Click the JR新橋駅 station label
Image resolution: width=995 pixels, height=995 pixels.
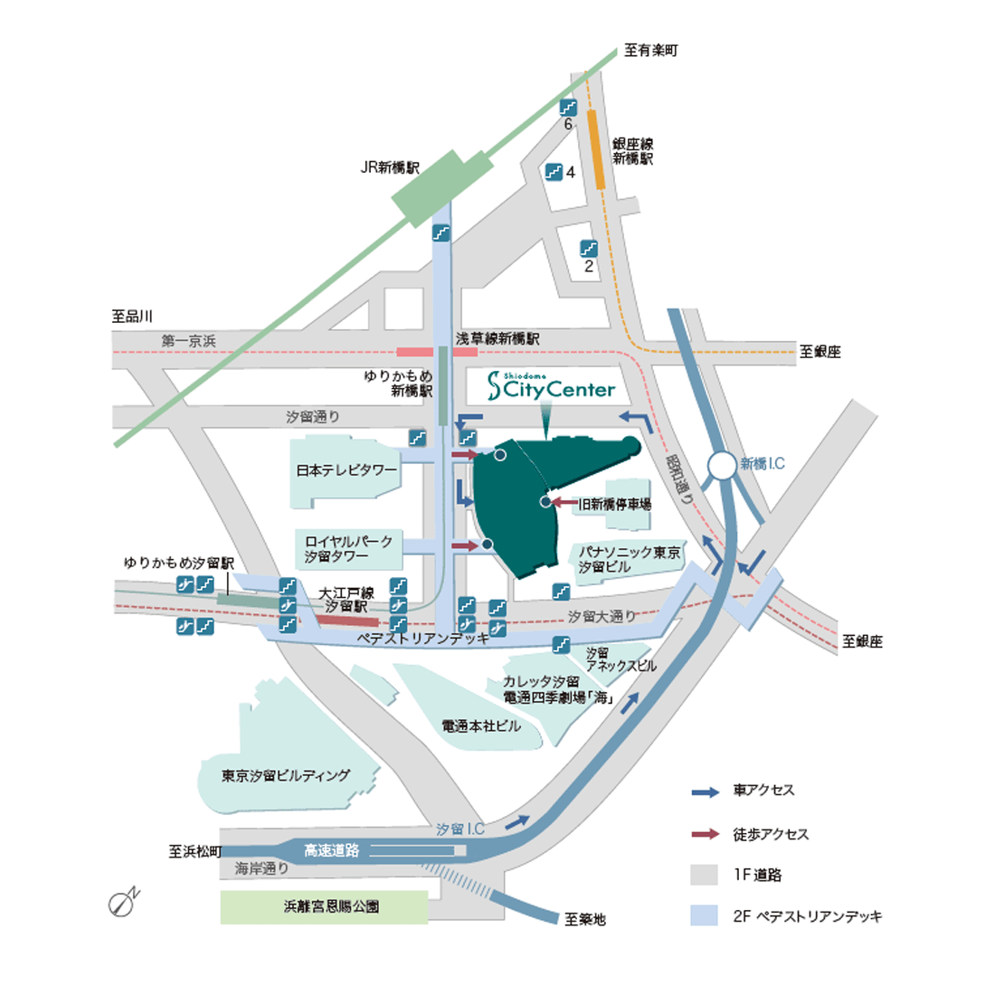click(391, 167)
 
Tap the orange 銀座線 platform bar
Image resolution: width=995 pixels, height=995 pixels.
click(598, 149)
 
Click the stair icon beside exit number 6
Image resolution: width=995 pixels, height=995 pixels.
click(568, 107)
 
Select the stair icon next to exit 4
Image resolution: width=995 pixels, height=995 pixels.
click(554, 171)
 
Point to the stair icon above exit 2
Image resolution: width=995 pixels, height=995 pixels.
click(589, 247)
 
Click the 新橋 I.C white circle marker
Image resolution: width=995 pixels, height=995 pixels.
click(722, 466)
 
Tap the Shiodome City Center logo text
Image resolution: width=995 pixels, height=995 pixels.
click(551, 387)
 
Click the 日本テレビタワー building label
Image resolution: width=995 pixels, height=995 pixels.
click(346, 470)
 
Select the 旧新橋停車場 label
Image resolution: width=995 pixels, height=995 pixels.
click(615, 504)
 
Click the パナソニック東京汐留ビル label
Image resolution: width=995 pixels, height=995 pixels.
click(630, 559)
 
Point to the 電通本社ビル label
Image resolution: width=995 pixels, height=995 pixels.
click(481, 725)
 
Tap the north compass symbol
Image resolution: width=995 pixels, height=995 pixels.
click(122, 902)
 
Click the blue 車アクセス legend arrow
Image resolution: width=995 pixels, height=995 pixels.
click(705, 791)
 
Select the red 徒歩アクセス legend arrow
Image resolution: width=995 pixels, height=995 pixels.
click(705, 834)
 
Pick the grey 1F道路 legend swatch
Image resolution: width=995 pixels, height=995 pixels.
click(704, 875)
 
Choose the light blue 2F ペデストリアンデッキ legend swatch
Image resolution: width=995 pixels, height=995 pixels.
click(704, 915)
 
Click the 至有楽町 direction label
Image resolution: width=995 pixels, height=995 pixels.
click(650, 51)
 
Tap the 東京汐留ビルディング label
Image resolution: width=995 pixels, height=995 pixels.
click(286, 775)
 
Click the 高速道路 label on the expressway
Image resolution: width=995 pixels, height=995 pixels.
click(331, 850)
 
